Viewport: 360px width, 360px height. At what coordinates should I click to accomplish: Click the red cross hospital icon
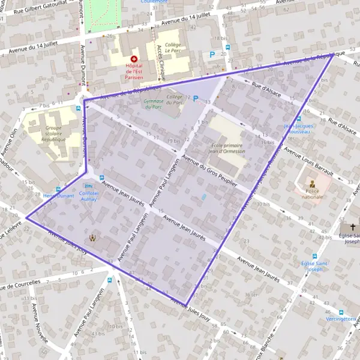[x=133, y=59]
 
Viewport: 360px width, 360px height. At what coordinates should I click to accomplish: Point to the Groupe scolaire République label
[x=53, y=133]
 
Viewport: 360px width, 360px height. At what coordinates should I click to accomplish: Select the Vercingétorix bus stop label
[x=339, y=320]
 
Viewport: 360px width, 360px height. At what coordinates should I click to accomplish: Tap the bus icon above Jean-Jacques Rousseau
[x=289, y=119]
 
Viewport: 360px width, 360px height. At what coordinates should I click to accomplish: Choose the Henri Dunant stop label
[x=58, y=196]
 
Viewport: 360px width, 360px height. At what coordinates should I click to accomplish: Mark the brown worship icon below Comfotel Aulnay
[x=92, y=238]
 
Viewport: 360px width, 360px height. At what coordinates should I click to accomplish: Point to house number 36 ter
[x=253, y=295]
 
